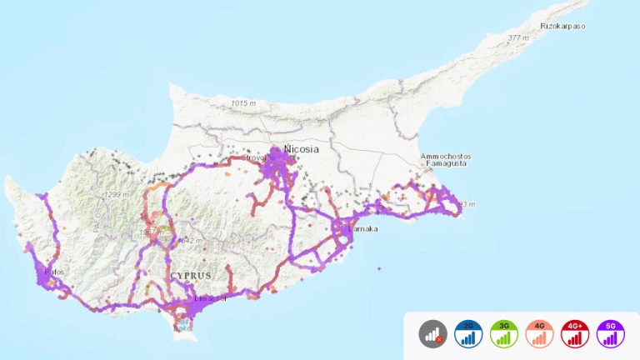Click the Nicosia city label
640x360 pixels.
(302, 150)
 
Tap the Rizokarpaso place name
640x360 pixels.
(563, 26)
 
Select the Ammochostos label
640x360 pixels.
(446, 157)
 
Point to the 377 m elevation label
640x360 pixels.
(518, 38)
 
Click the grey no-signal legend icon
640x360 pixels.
(432, 334)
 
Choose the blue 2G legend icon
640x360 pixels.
(468, 334)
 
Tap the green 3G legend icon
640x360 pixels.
(503, 334)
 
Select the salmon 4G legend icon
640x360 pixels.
(539, 334)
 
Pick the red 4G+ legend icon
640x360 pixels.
(575, 334)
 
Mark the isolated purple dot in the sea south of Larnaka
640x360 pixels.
(378, 268)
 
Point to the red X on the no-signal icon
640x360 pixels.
(439, 340)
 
